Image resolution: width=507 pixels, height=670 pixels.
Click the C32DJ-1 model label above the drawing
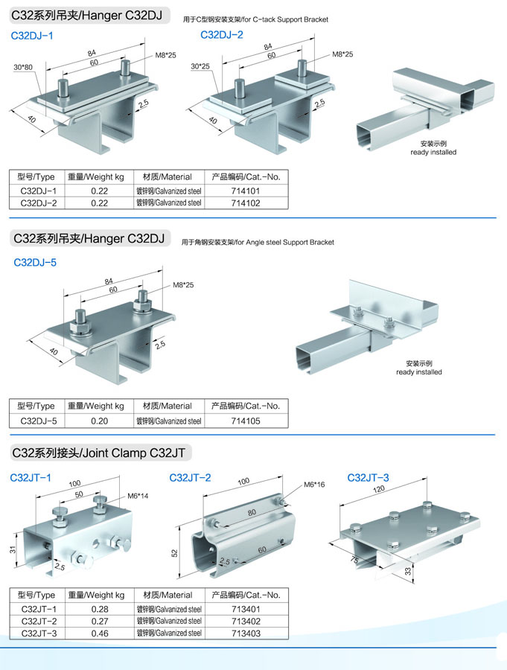click(x=32, y=36)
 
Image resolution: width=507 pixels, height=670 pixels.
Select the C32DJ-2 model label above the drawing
click(x=222, y=35)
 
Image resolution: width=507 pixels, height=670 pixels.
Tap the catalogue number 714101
click(x=245, y=191)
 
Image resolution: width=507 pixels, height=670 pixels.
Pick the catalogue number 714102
click(x=245, y=202)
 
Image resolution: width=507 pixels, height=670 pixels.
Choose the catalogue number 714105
click(x=245, y=421)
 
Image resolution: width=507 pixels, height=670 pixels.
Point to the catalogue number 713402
click(x=245, y=621)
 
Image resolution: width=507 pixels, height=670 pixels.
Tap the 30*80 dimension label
click(x=23, y=68)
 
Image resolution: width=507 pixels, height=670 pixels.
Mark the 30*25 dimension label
click(x=200, y=66)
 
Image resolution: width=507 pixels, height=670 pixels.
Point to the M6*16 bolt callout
click(x=314, y=485)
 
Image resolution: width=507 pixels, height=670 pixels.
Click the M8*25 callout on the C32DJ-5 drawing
click(x=183, y=285)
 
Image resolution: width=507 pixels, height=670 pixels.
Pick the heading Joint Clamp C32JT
click(x=100, y=453)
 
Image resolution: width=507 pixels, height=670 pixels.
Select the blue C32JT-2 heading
click(x=190, y=478)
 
